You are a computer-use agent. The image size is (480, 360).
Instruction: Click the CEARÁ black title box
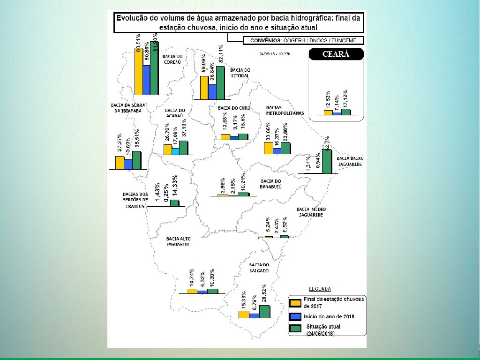tap(336, 54)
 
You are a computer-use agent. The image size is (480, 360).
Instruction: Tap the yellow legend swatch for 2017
tap(295, 302)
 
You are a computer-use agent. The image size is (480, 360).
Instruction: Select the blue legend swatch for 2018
tap(295, 316)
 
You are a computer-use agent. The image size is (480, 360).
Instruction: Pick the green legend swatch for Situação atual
tap(295, 329)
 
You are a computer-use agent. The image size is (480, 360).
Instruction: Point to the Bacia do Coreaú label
tap(172, 59)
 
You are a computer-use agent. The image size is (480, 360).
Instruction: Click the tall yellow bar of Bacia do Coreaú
tap(139, 71)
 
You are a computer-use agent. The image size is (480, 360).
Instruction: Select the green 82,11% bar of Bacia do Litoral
tap(220, 82)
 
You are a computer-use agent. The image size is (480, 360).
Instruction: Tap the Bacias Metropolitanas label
tap(285, 110)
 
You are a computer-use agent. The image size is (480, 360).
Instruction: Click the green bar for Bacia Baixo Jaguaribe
tap(327, 162)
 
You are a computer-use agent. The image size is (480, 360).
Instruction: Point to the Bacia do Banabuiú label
tap(271, 184)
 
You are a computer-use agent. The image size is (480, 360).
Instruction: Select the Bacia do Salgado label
tap(259, 268)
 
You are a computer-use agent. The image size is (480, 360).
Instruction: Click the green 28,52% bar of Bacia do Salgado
tap(264, 311)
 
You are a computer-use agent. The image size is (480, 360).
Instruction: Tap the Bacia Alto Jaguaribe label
tap(178, 241)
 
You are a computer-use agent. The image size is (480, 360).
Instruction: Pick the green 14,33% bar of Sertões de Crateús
tap(174, 202)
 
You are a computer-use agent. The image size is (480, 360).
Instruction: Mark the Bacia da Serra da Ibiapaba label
tap(127, 108)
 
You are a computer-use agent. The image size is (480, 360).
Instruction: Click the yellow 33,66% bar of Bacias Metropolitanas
tap(269, 148)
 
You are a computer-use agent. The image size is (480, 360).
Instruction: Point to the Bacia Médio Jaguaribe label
tap(311, 211)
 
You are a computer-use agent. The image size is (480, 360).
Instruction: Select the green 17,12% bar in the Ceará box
tap(346, 112)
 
